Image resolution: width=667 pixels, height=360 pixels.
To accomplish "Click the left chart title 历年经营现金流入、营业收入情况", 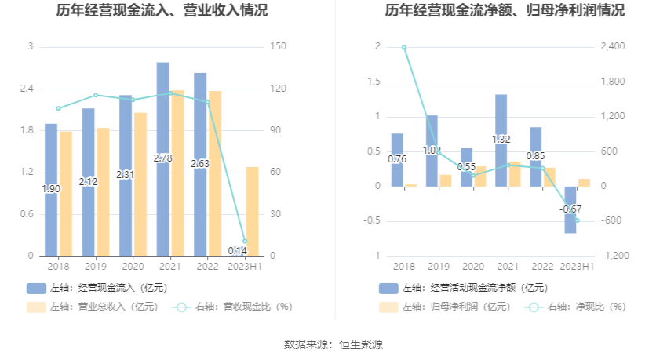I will coord(162,11).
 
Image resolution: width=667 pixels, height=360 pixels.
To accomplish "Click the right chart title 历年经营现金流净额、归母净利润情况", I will coord(505,11).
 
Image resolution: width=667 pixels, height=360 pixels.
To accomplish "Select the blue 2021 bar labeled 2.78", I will coord(163,118).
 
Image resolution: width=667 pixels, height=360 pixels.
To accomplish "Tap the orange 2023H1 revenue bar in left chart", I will coord(252,211).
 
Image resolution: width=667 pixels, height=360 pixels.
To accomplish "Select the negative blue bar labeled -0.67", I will coord(570,220).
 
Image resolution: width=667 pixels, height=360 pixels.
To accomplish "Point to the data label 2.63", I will coord(200,164).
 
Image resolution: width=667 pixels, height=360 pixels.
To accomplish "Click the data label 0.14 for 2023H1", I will coord(237,251).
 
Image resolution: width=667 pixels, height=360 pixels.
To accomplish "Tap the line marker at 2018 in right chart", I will coord(404,47).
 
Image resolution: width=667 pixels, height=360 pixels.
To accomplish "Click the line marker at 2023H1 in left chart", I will coord(245,242).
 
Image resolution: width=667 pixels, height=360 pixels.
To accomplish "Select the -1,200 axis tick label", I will coord(616,256).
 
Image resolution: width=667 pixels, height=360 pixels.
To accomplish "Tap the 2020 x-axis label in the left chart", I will coord(133,267).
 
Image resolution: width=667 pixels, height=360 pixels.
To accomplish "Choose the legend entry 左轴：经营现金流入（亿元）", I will coord(97,288).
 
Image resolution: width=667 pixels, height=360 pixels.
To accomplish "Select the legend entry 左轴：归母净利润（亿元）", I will coord(444,307).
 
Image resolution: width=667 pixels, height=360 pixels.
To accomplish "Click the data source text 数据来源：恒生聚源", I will coord(333,344).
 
